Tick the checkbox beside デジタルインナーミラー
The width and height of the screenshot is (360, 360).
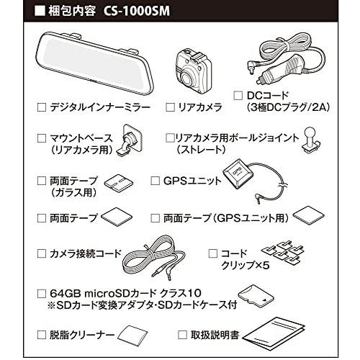click(x=40, y=107)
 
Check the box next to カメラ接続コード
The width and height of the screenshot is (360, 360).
click(x=40, y=253)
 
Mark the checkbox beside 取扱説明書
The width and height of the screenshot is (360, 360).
click(x=183, y=335)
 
